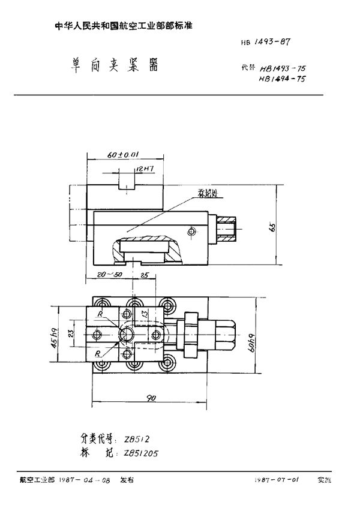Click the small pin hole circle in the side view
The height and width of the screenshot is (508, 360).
[x=191, y=231]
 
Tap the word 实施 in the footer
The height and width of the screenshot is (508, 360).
[x=324, y=482]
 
